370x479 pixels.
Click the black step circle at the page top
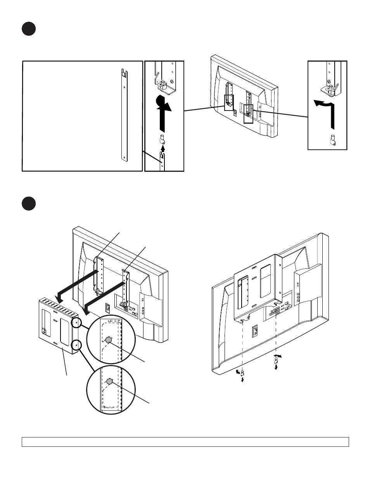click(x=29, y=29)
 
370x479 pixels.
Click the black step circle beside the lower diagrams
click(x=29, y=204)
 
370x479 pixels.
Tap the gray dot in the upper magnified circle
click(x=109, y=340)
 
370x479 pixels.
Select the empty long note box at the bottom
click(x=185, y=442)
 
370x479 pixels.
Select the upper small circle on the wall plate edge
click(x=77, y=322)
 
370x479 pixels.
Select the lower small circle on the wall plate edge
click(x=77, y=344)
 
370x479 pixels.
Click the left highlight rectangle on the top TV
click(x=229, y=102)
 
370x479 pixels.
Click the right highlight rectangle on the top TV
click(x=248, y=114)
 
